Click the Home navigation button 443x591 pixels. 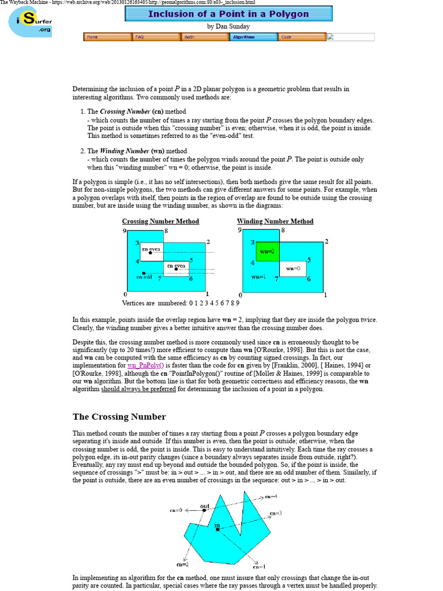(x=107, y=37)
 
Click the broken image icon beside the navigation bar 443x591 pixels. (x=331, y=37)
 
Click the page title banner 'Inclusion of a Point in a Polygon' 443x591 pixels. (x=228, y=13)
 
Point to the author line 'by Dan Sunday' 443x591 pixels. (x=228, y=27)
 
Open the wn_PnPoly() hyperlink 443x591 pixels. (x=146, y=365)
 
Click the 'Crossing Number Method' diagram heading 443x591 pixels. (x=160, y=221)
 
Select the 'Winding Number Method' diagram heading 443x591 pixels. (x=275, y=221)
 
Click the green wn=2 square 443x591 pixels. (x=268, y=252)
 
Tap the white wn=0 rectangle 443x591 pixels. (x=293, y=268)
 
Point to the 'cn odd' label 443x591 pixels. (x=144, y=277)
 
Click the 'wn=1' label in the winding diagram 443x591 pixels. (x=258, y=277)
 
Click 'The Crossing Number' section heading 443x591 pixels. (x=119, y=417)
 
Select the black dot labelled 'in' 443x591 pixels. (x=217, y=529)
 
